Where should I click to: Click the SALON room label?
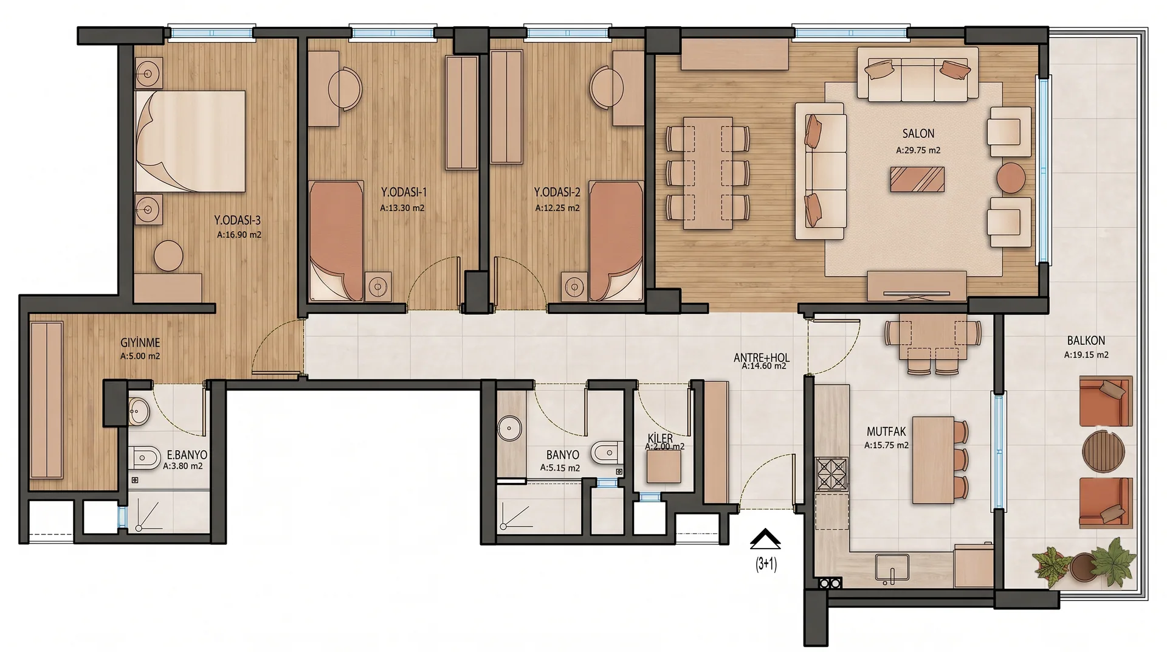[918, 133]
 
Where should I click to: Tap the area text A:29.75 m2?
[918, 150]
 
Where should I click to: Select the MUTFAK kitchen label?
[886, 432]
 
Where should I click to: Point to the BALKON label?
[1086, 341]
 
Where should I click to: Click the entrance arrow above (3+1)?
[765, 539]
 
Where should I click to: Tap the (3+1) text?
[766, 564]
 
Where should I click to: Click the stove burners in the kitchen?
[831, 474]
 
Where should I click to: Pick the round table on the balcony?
[1104, 451]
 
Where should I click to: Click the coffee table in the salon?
[917, 179]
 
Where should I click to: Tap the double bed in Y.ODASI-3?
[190, 141]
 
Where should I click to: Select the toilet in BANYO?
[605, 453]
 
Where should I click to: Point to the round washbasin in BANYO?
[509, 428]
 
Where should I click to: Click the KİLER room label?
[660, 439]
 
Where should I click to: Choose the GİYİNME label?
[140, 343]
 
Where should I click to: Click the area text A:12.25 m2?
[557, 208]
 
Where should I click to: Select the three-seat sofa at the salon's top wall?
[917, 74]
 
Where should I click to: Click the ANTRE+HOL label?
[762, 358]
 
